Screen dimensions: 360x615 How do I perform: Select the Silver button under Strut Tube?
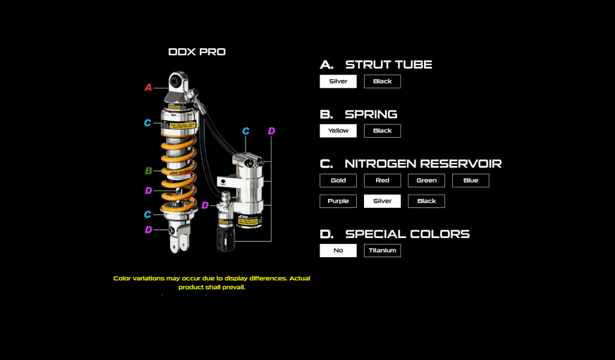(338, 81)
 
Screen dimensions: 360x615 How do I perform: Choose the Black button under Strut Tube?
(382, 81)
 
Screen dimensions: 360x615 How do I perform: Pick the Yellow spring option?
(338, 130)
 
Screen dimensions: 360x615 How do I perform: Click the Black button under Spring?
(382, 130)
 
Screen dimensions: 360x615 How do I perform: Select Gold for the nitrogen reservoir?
(338, 180)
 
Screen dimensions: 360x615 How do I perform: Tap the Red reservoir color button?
(382, 180)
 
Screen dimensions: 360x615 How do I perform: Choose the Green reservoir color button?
(426, 180)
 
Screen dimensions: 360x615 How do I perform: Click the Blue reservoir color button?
(470, 180)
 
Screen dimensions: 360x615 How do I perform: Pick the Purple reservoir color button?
(338, 201)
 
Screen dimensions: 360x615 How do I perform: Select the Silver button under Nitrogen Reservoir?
(382, 201)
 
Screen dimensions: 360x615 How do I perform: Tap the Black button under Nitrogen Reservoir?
(426, 201)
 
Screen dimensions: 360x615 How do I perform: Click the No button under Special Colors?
(338, 250)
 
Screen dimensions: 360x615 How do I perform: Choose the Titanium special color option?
(382, 250)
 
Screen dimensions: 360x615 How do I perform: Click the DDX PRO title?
(197, 52)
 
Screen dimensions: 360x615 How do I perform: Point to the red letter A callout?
(148, 88)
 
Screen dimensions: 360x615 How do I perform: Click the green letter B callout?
(148, 171)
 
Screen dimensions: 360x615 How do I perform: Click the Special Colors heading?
(407, 234)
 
